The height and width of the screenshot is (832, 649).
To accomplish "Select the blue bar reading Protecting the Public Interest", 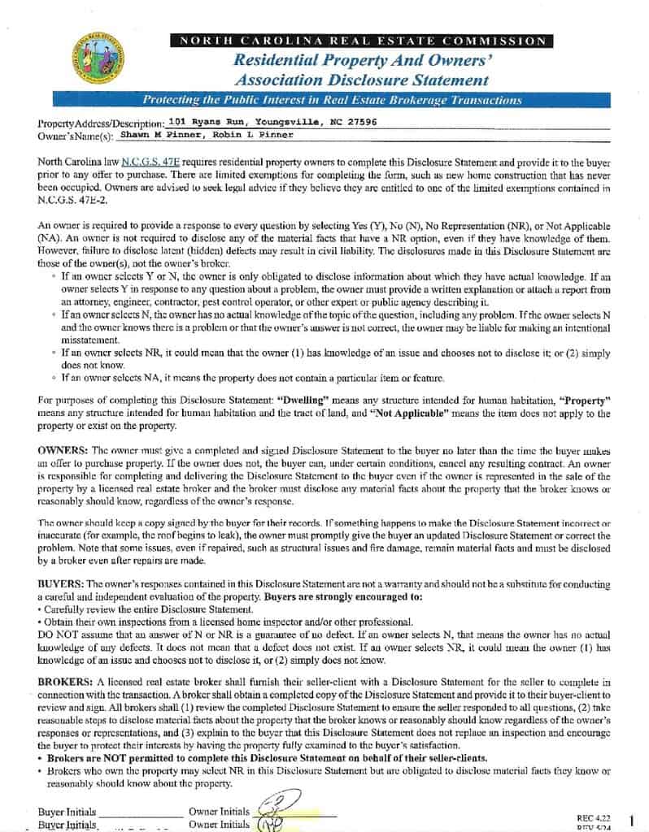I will (x=331, y=100).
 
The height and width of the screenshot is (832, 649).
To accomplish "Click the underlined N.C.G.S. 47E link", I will (x=146, y=162).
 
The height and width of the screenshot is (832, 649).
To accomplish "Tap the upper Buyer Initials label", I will (x=67, y=811).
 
